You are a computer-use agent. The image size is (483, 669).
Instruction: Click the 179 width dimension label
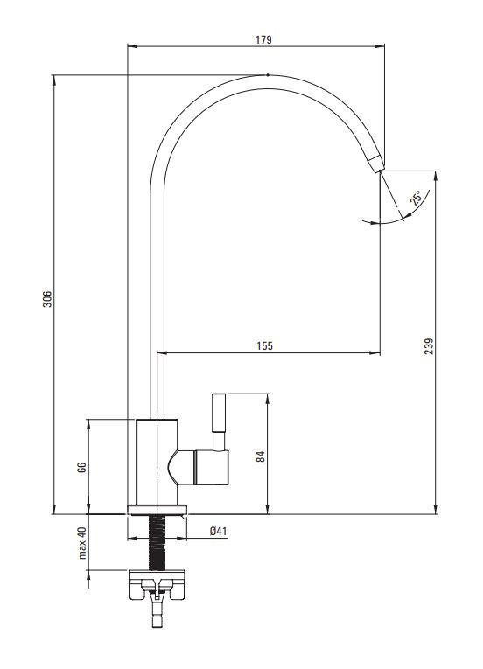[263, 39]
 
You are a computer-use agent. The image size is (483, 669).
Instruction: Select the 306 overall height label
[47, 299]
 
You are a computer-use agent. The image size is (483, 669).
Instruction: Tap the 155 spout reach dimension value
[265, 345]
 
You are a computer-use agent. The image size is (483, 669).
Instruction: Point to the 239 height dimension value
[429, 346]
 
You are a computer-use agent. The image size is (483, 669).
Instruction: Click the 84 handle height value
[261, 456]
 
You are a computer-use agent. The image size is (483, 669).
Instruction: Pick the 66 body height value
[81, 467]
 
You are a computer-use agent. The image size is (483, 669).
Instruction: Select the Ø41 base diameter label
[218, 531]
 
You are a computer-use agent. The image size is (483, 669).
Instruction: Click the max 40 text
[82, 543]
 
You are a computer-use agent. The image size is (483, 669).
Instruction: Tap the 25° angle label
[416, 198]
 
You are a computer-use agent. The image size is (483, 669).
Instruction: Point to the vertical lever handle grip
[219, 413]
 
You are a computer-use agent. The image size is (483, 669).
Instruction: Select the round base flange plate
[157, 510]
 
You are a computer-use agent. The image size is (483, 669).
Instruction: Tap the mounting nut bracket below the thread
[157, 584]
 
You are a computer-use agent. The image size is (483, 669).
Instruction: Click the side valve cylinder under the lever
[212, 467]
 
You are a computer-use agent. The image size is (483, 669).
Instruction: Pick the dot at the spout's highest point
[268, 75]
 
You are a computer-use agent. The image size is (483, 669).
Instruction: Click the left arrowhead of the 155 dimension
[161, 352]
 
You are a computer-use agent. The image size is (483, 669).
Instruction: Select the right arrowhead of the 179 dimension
[380, 45]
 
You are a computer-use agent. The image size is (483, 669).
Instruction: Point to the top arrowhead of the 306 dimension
[53, 80]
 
